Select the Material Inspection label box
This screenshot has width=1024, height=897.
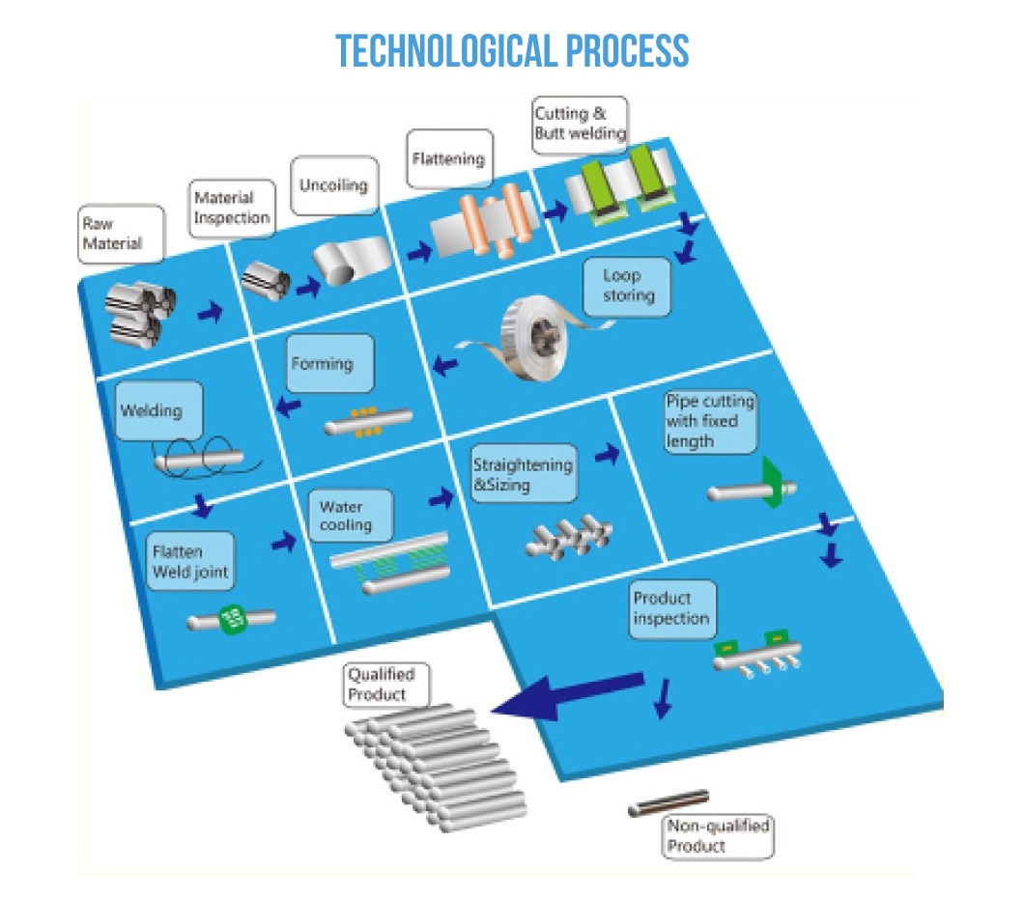coord(231,208)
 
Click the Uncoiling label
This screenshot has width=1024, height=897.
coord(333,183)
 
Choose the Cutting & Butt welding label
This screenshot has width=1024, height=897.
coord(580,124)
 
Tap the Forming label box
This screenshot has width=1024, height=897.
coord(322,365)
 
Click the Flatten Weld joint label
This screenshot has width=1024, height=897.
coord(190,562)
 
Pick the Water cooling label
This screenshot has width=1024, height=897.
coord(345,516)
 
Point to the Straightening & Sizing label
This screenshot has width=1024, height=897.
coord(522,474)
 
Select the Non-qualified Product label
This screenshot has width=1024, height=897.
coord(719,835)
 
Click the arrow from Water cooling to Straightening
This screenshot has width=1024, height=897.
coord(441,498)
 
